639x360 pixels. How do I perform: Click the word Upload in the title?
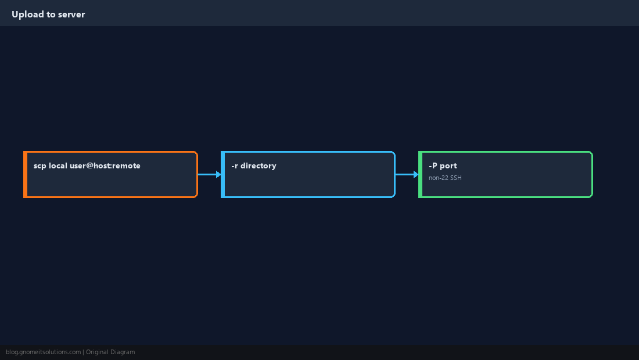(x=28, y=15)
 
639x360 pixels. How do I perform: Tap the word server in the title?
(x=71, y=15)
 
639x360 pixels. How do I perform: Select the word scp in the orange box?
(x=40, y=166)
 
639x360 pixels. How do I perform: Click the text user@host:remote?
(x=105, y=165)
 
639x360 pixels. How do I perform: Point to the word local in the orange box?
(x=58, y=165)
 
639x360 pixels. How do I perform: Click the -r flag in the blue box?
(x=235, y=166)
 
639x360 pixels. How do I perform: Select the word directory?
(x=259, y=165)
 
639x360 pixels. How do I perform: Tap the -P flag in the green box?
(x=433, y=165)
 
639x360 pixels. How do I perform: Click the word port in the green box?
(x=448, y=166)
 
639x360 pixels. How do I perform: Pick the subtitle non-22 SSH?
(x=445, y=178)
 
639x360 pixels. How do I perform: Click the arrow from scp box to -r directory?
(x=210, y=175)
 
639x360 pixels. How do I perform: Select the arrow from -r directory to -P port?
(x=407, y=175)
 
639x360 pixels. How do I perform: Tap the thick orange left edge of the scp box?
(x=25, y=174)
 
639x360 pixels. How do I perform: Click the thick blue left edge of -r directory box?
(x=223, y=174)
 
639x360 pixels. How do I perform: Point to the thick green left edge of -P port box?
(x=421, y=174)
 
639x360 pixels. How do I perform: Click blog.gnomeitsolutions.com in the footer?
(x=43, y=352)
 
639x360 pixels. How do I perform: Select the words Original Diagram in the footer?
(x=110, y=352)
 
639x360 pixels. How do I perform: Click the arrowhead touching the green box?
(x=416, y=175)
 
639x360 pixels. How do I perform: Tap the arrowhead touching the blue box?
(x=218, y=175)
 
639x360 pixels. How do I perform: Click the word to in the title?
(x=51, y=15)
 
